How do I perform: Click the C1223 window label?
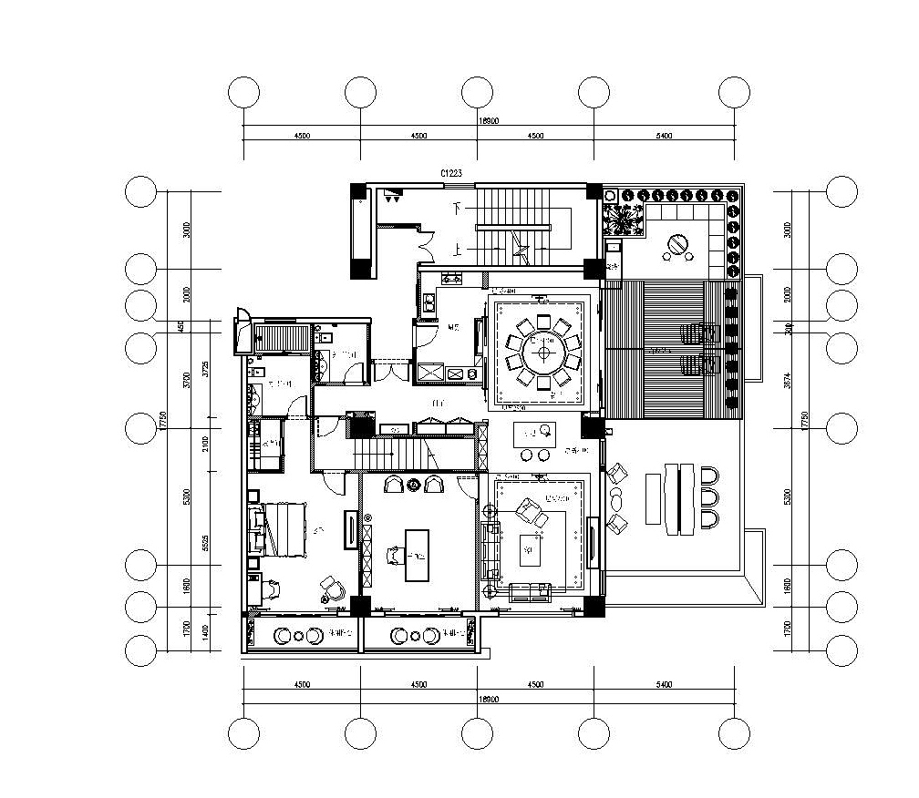click(x=452, y=172)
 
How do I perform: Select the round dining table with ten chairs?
click(x=544, y=352)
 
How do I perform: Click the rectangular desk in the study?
click(x=416, y=555)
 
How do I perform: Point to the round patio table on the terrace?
click(x=677, y=246)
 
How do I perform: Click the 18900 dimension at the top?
click(x=489, y=120)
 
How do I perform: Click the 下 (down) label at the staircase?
click(x=459, y=209)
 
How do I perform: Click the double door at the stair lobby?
click(x=425, y=241)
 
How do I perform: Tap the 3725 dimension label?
click(x=206, y=370)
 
